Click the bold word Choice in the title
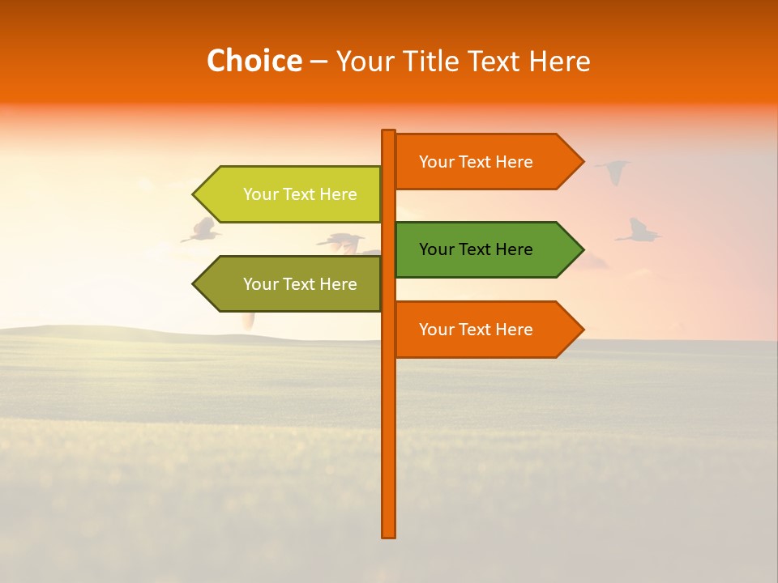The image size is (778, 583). coord(254,61)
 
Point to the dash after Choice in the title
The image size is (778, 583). coord(318,62)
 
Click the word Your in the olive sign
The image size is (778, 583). coord(259,284)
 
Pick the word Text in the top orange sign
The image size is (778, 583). coord(476,162)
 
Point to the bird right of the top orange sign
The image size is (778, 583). coord(613,171)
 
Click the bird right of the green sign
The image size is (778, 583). coord(639,232)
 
